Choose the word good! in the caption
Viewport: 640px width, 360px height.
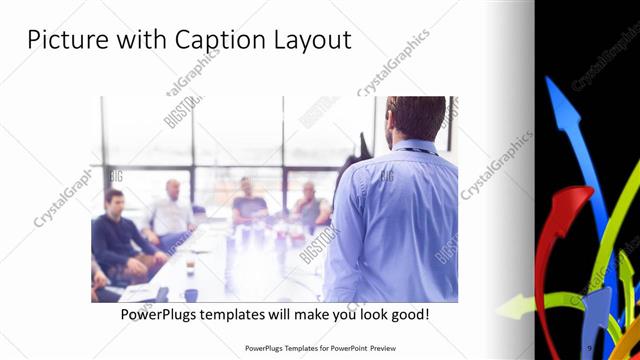[406, 314]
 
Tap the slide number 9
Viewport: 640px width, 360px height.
[590, 347]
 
